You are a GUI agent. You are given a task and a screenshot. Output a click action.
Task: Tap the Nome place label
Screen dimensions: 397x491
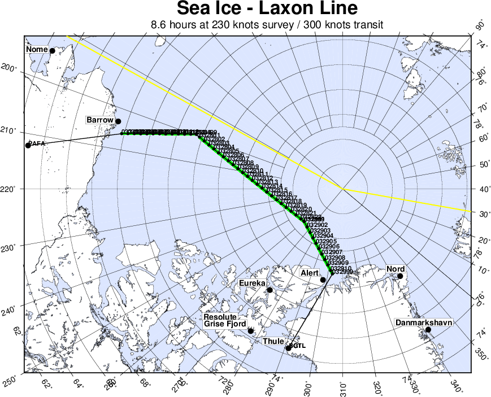[37, 50]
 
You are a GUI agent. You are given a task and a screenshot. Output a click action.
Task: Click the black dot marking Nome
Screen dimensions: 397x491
[53, 50]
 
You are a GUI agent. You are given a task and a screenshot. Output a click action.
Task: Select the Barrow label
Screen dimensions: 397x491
[100, 120]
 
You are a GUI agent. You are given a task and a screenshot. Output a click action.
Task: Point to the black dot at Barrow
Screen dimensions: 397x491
[118, 121]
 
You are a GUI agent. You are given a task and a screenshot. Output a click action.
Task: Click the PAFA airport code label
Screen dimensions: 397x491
[36, 144]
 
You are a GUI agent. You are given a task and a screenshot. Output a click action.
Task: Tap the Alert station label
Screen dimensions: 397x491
[310, 273]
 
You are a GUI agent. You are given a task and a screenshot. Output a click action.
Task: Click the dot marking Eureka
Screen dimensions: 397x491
[270, 290]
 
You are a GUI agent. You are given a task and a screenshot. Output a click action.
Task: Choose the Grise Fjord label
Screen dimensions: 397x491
[225, 324]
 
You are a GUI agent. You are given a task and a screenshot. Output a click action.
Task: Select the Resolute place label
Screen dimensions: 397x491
[224, 317]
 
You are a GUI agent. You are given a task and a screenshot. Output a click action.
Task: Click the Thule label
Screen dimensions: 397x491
[273, 342]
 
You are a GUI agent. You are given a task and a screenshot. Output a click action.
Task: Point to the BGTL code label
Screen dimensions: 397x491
[297, 345]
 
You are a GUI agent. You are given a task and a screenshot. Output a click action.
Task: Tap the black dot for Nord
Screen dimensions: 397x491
[400, 276]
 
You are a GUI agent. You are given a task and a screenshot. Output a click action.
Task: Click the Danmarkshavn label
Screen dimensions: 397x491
[424, 322]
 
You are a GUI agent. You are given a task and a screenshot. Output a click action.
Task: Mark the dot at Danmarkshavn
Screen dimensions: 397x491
[428, 330]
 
